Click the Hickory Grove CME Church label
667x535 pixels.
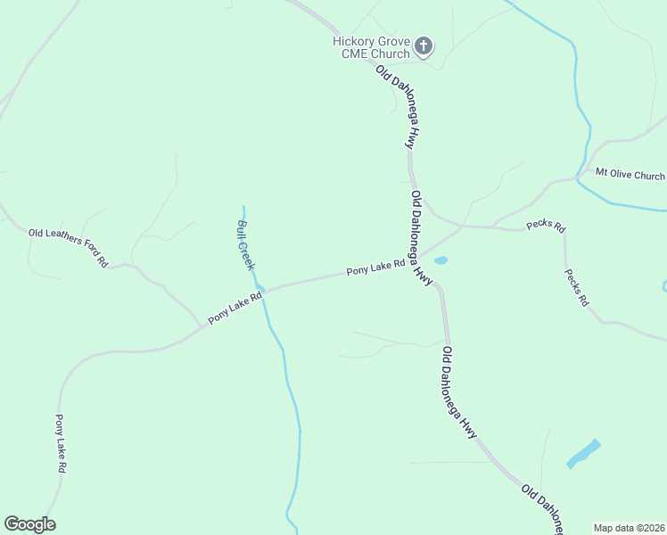coord(371,47)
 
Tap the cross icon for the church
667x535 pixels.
coord(424,45)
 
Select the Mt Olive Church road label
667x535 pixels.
coord(630,175)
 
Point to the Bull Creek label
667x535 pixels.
coord(246,244)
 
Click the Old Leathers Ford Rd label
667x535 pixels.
coord(68,248)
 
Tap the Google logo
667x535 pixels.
coord(29,524)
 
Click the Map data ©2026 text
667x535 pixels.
coord(629,528)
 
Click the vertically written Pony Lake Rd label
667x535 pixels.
coord(61,443)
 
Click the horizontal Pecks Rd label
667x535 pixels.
coord(546,226)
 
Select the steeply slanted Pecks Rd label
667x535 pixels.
coord(577,287)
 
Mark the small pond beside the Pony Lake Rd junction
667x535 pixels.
coord(440,260)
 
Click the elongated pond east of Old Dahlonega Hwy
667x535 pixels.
coord(583,453)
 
